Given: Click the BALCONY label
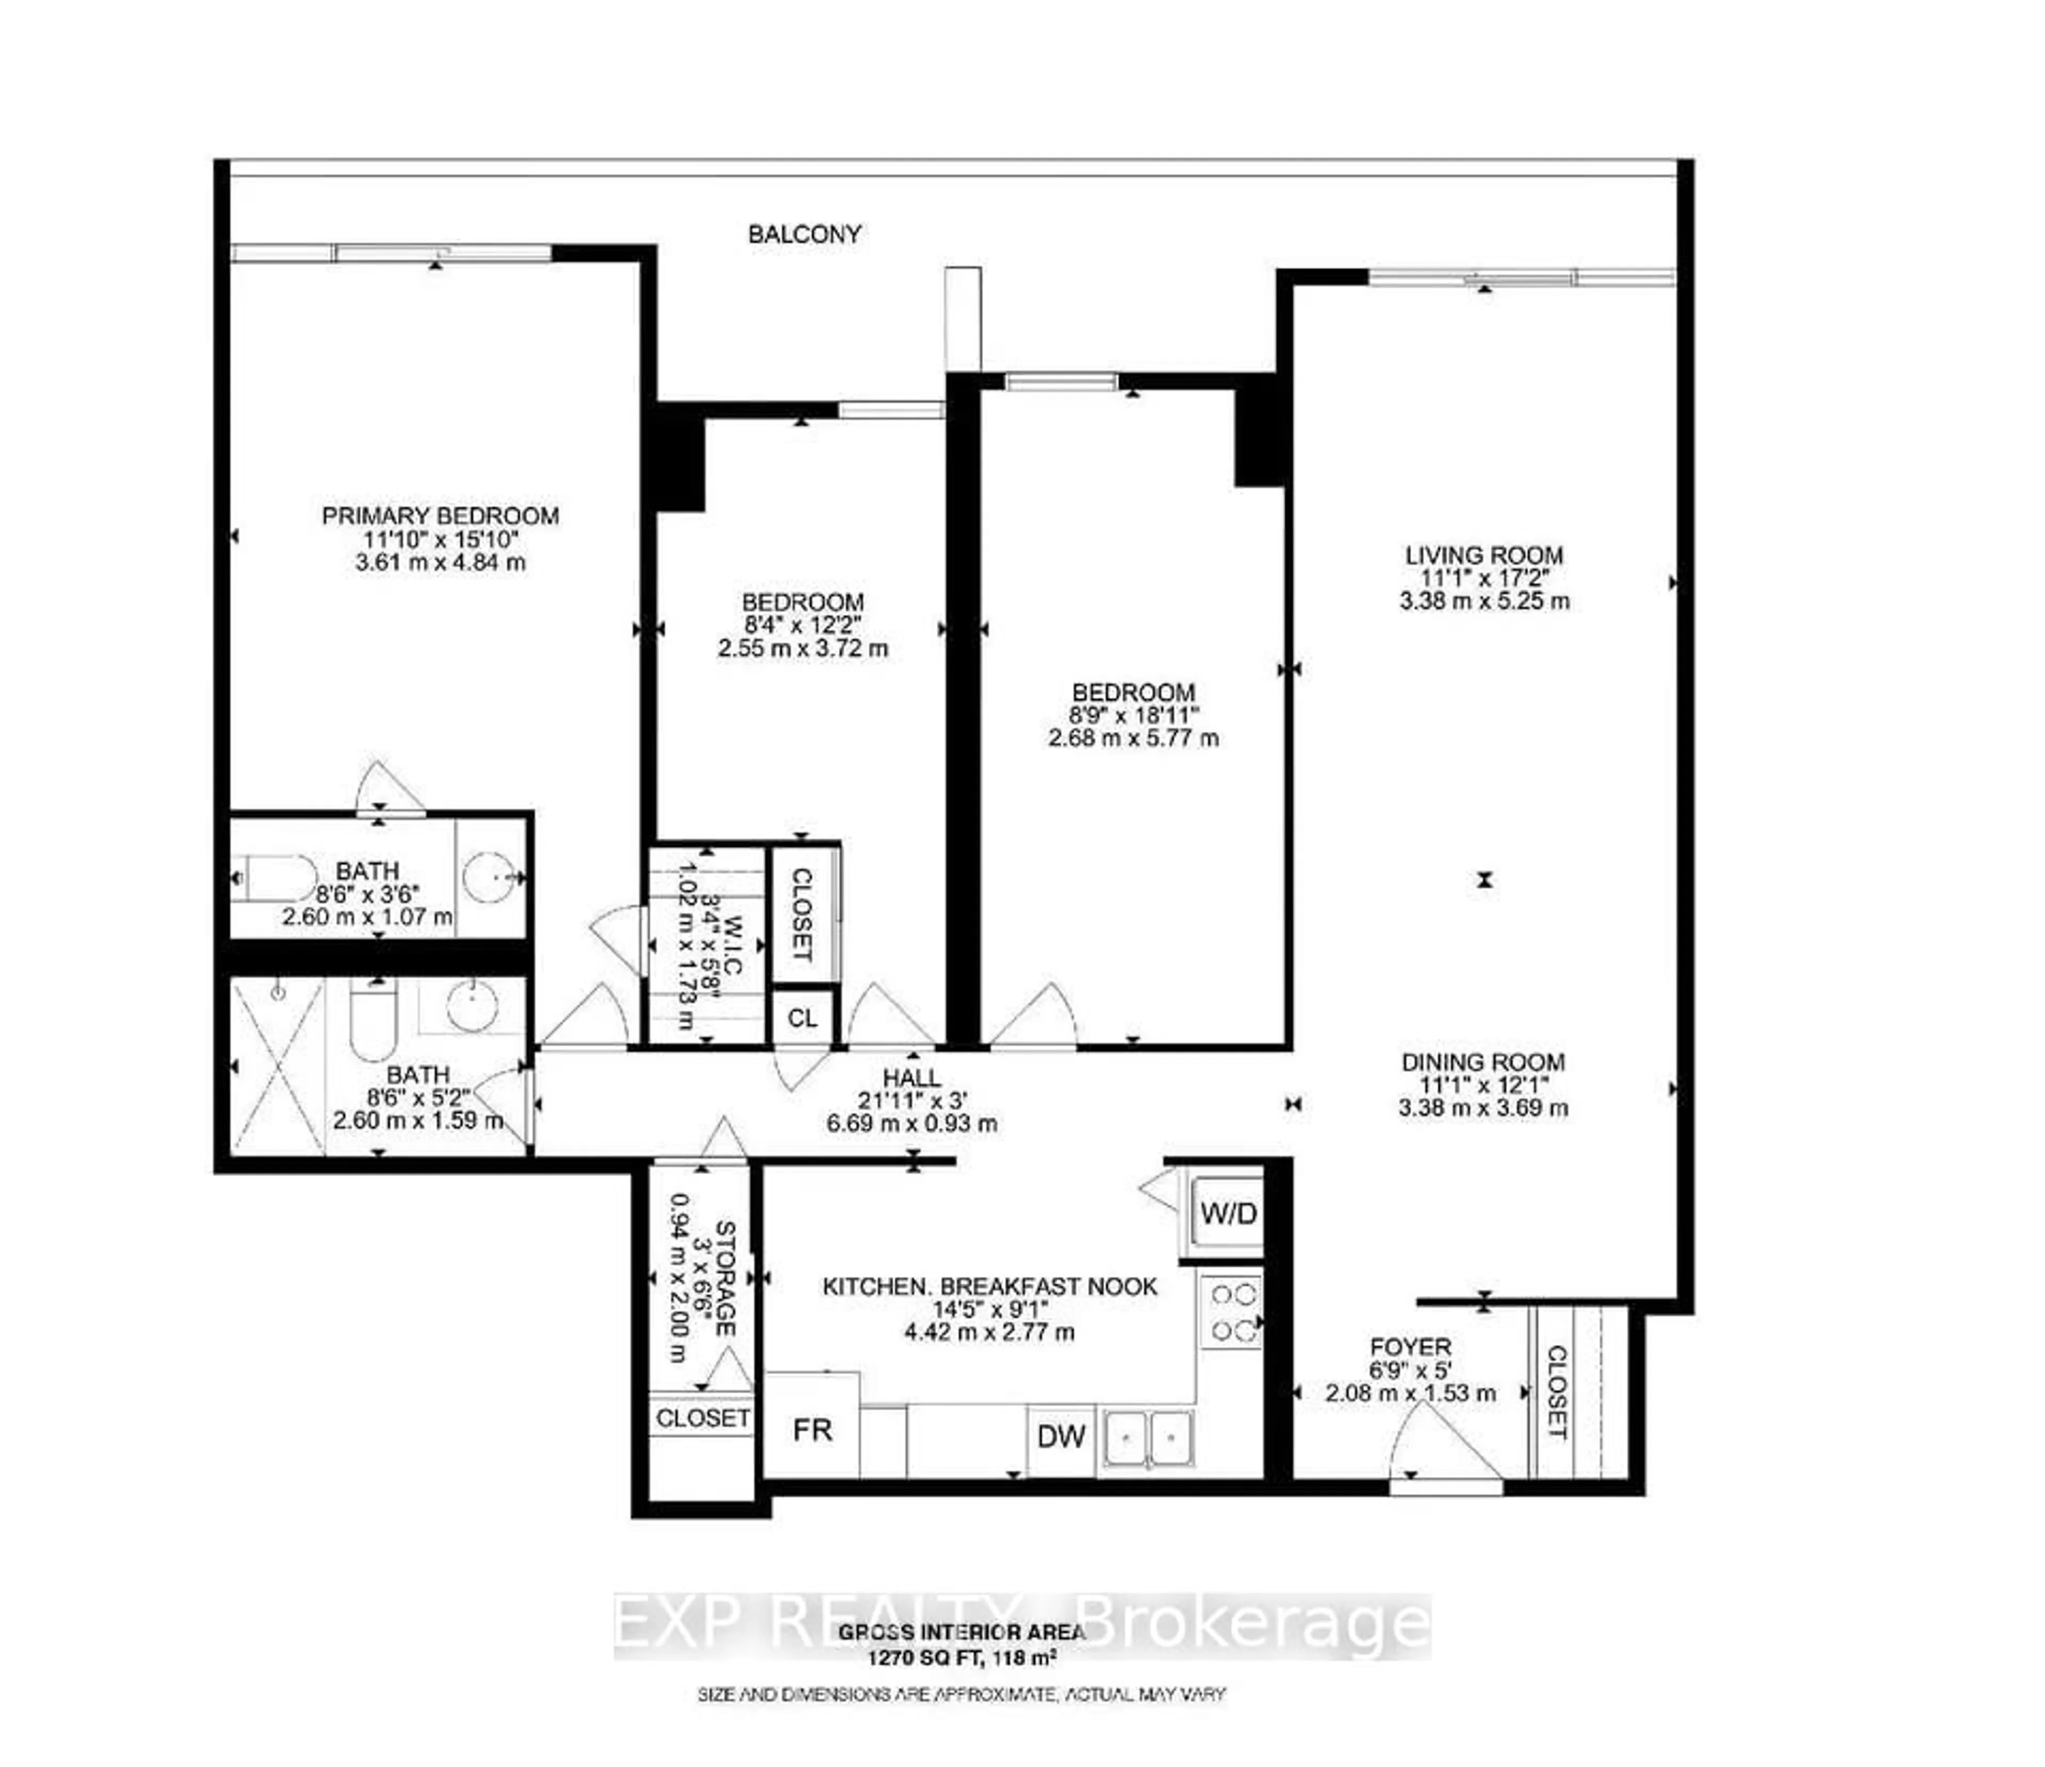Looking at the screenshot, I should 804,234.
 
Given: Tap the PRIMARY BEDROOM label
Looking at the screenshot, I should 440,515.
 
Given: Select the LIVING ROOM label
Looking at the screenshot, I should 1483,556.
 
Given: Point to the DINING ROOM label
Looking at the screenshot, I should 1483,1062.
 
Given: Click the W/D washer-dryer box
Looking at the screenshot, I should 1227,1212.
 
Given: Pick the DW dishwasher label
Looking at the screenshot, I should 1061,1436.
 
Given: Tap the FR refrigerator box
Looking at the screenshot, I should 812,1430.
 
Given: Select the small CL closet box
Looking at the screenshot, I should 803,1017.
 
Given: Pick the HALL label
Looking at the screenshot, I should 911,1078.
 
